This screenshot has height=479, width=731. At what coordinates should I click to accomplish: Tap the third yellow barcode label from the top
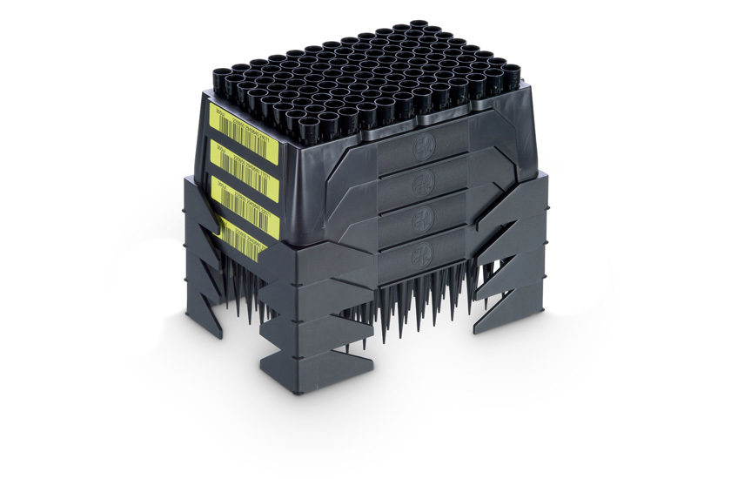[245, 198]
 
